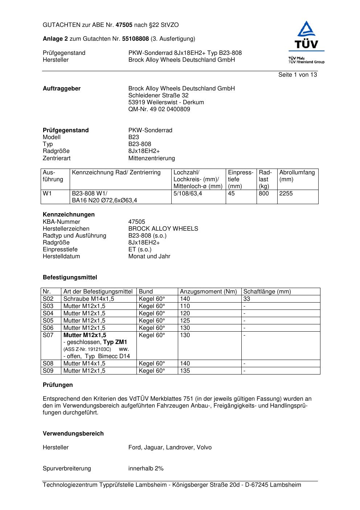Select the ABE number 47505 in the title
(x=124, y=25)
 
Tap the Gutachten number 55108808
(x=135, y=39)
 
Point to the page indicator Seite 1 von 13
(x=297, y=75)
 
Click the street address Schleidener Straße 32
(x=158, y=96)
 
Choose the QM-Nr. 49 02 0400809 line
(x=159, y=109)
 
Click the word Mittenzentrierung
(x=151, y=158)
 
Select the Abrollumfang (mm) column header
(x=297, y=176)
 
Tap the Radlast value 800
(x=264, y=194)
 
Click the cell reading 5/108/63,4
(x=188, y=194)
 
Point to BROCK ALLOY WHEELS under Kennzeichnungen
(x=163, y=229)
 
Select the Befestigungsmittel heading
(x=70, y=278)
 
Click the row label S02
(x=48, y=299)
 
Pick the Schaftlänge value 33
(x=247, y=299)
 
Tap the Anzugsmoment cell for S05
(x=185, y=321)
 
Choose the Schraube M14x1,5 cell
(x=89, y=299)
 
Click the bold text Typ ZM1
(x=115, y=342)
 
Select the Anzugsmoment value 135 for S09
(x=185, y=371)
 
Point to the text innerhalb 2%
(x=146, y=469)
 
